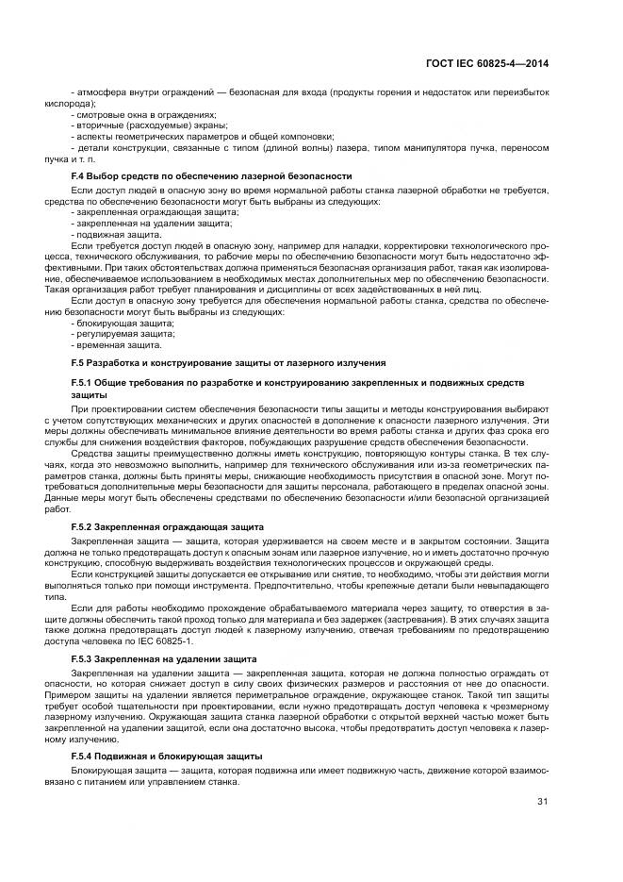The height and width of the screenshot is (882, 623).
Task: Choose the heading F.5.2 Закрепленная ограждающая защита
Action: click(x=168, y=524)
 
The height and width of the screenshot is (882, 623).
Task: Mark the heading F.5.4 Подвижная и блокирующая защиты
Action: click(x=168, y=757)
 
